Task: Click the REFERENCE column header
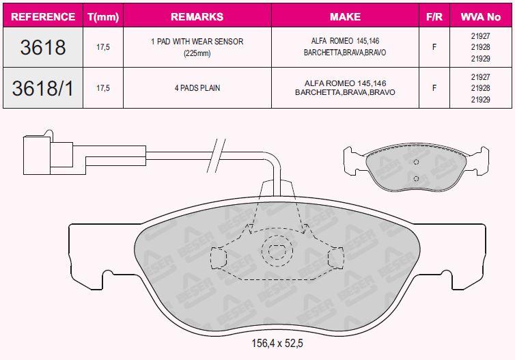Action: coord(43,17)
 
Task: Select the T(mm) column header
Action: coord(103,17)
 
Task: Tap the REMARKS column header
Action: coord(197,17)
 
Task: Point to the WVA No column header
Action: coord(481,17)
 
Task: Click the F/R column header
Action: coord(434,17)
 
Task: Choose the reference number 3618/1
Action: coord(43,88)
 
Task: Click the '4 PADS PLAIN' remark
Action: coord(197,88)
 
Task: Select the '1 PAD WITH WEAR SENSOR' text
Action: coord(197,42)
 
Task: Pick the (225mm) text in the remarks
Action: coord(197,53)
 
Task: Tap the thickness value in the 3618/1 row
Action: coord(103,88)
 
